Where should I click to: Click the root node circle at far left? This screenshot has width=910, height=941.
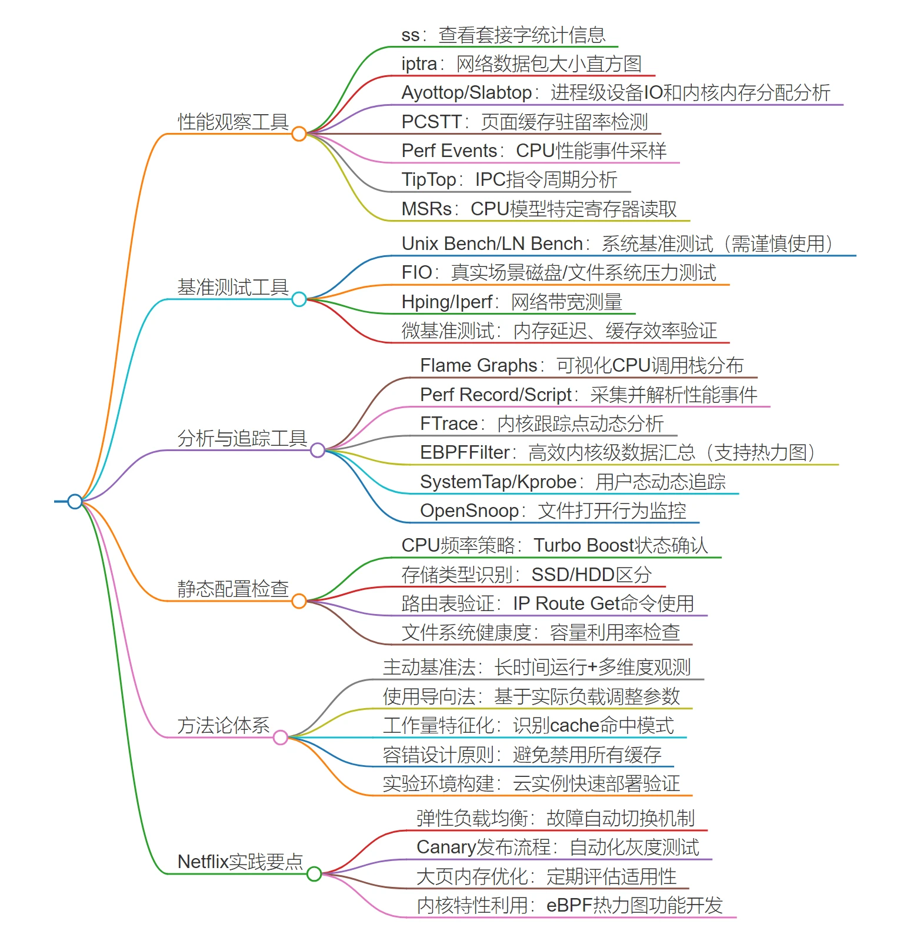click(75, 501)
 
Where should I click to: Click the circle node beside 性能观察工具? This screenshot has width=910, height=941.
click(299, 134)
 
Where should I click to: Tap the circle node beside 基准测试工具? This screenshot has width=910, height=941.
click(299, 299)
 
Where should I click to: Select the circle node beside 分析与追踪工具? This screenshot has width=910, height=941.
click(318, 451)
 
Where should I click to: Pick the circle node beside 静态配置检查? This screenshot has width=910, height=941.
click(299, 601)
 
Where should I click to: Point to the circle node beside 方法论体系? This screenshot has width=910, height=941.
click(281, 738)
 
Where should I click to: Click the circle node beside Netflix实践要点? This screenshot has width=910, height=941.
click(314, 874)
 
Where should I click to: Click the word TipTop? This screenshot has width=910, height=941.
click(428, 179)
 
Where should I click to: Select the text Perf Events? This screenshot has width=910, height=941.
click(449, 151)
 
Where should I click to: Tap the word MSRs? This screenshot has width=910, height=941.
click(426, 209)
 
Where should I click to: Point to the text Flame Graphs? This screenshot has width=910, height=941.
click(478, 365)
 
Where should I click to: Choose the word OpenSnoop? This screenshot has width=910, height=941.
click(469, 510)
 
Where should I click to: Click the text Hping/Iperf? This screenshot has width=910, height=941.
click(446, 302)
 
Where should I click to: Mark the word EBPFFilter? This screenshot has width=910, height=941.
click(465, 452)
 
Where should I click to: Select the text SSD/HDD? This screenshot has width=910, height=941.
click(573, 575)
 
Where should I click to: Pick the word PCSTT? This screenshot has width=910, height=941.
click(431, 122)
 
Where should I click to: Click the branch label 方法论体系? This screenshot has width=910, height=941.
click(224, 725)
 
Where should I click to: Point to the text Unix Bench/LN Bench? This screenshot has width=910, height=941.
click(492, 243)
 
